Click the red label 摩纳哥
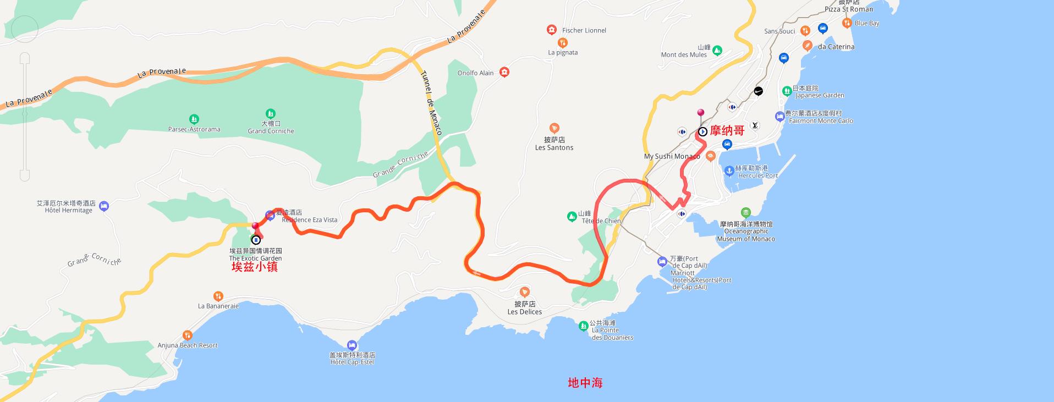[x=727, y=131]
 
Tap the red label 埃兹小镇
[x=254, y=267]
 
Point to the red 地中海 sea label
[x=585, y=383]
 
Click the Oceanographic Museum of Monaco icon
[x=745, y=213]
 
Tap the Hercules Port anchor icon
[x=728, y=170]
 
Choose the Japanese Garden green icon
[x=787, y=90]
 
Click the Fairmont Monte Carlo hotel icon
[x=779, y=117]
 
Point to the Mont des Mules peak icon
[x=717, y=51]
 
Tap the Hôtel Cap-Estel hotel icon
[x=352, y=345]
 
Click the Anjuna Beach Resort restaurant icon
[x=188, y=335]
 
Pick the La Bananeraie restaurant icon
[x=218, y=296]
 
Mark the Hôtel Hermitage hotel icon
[x=105, y=206]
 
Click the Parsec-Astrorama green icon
[x=194, y=119]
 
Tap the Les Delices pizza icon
[x=525, y=291]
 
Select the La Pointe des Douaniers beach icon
[x=583, y=327]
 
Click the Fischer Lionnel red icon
[x=551, y=30]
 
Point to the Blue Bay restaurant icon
[x=847, y=23]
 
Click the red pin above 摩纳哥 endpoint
[x=700, y=113]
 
